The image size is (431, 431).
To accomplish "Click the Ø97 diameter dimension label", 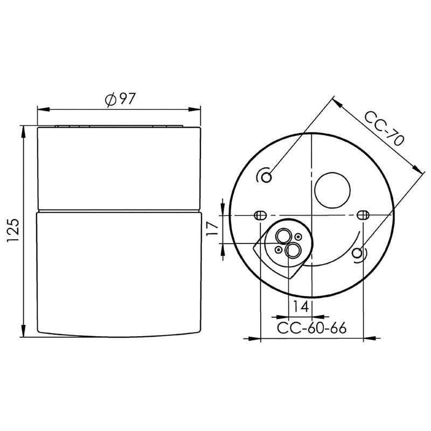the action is pyautogui.click(x=120, y=99).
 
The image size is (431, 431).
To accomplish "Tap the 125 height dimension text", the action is pyautogui.click(x=13, y=231).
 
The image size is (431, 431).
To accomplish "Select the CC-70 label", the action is pyautogui.click(x=384, y=128).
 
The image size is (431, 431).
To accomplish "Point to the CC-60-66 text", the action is pyautogui.click(x=311, y=328).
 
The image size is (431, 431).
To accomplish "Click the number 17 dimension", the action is pyautogui.click(x=212, y=228).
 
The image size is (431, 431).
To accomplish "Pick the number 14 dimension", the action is pyautogui.click(x=300, y=307).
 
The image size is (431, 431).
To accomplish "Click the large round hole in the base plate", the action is pyautogui.click(x=332, y=190).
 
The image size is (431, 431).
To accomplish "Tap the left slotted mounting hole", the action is pyautogui.click(x=260, y=215).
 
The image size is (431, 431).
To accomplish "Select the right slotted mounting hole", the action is pyautogui.click(x=363, y=214).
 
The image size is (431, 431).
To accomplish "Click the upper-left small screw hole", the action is pyautogui.click(x=266, y=177).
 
